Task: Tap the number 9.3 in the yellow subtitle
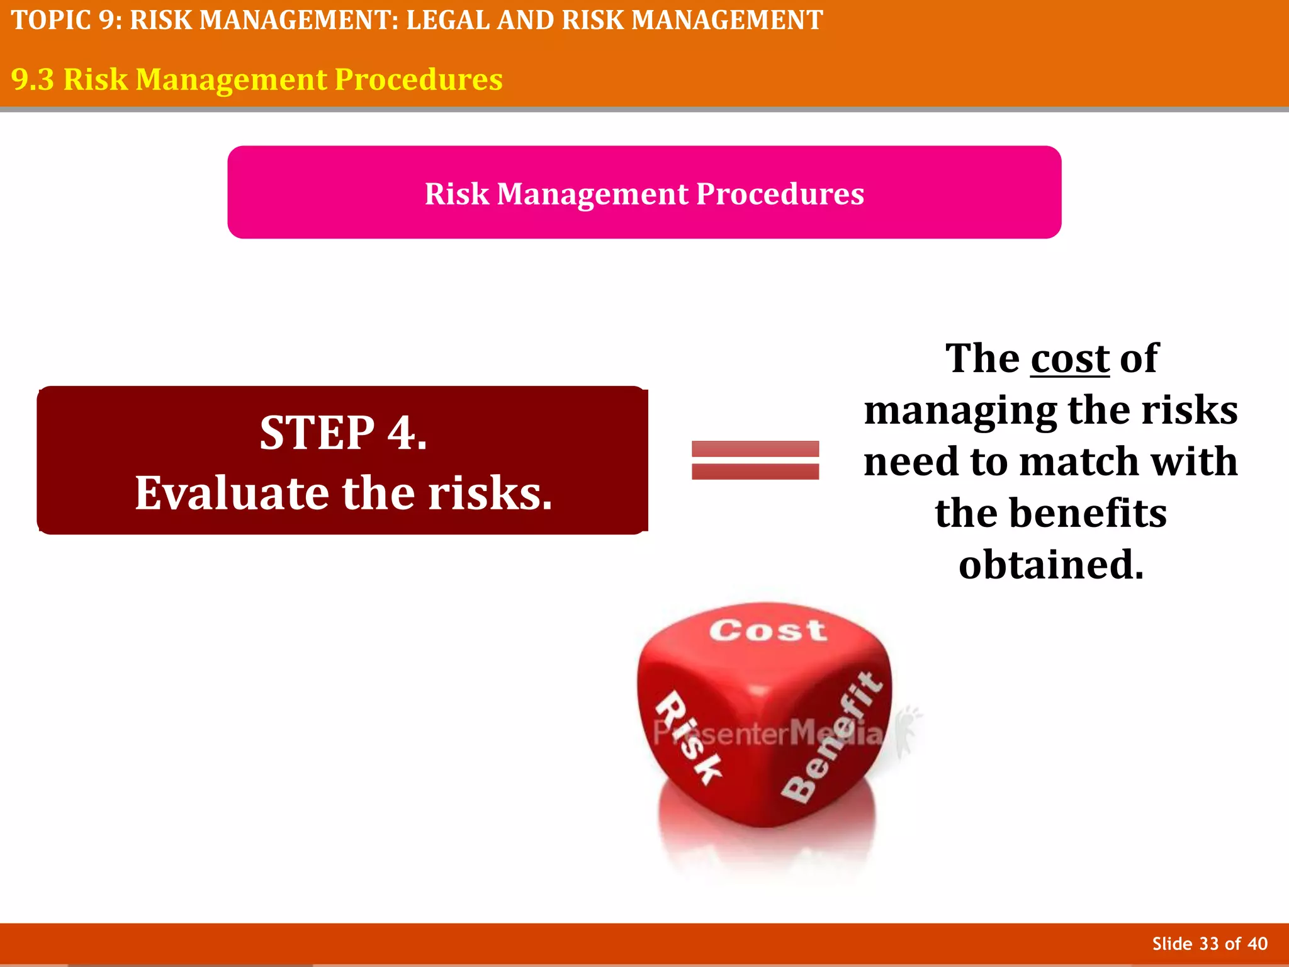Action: (x=33, y=80)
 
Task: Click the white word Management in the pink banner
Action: (x=592, y=194)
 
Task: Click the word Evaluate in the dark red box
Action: (x=233, y=493)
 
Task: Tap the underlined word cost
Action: (x=1069, y=359)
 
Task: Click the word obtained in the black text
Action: (x=1050, y=565)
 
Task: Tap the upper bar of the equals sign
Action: (x=755, y=448)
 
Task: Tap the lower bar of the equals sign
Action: (x=755, y=472)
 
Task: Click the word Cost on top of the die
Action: (x=767, y=630)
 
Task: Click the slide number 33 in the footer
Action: (x=1209, y=944)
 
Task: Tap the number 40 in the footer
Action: (x=1257, y=944)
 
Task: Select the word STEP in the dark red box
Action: (x=317, y=433)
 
